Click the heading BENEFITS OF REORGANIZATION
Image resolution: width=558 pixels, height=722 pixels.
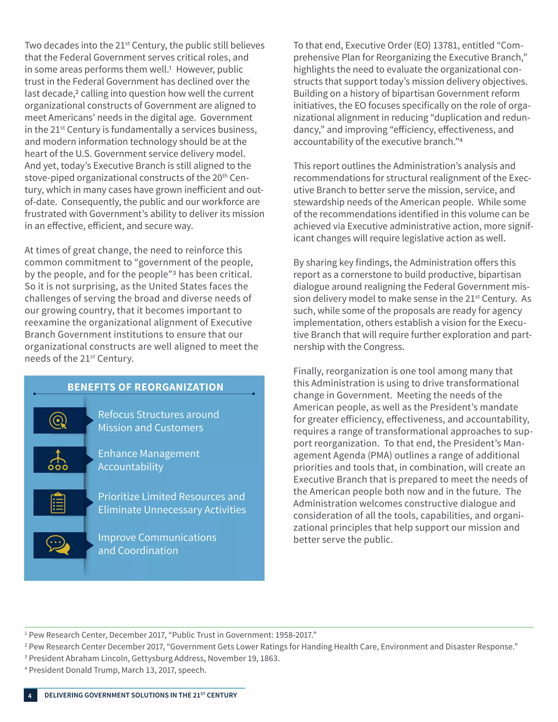(145, 387)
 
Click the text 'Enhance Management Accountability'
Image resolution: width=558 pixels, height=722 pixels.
(148, 460)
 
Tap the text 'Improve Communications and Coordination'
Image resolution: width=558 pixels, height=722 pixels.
(157, 544)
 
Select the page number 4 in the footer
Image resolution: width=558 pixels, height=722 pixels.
(30, 696)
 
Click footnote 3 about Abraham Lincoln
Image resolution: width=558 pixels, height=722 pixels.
(154, 658)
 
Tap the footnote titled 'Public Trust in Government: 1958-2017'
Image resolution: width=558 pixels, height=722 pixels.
(172, 635)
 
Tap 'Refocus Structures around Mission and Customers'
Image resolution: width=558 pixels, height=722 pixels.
(158, 421)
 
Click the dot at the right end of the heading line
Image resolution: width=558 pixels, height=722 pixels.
(254, 394)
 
